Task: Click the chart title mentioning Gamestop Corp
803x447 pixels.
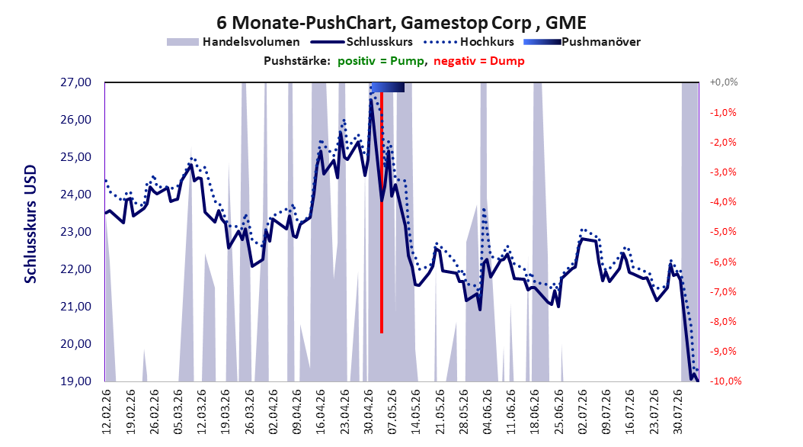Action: pos(401,23)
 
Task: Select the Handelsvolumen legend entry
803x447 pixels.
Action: pos(234,42)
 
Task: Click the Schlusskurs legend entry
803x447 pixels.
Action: pos(362,42)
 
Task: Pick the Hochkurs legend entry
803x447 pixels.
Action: pos(468,42)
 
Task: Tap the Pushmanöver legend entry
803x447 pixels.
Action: pos(582,42)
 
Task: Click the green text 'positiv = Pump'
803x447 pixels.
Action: pos(381,61)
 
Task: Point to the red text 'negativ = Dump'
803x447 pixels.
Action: pos(479,61)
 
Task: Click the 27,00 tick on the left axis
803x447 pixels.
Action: pos(75,82)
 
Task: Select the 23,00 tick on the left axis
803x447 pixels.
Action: pos(75,232)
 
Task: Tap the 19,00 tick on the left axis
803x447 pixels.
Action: pos(75,381)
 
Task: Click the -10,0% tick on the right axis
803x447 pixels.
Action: pos(725,381)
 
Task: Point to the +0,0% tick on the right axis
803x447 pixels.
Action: pos(724,82)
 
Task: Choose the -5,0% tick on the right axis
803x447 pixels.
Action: pos(723,232)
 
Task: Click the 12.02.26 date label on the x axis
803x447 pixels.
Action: pos(107,412)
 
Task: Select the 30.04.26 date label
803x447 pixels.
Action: pos(368,412)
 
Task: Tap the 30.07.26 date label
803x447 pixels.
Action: pos(678,412)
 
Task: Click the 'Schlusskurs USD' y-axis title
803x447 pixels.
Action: pos(30,224)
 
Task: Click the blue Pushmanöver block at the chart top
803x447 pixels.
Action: pos(388,87)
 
